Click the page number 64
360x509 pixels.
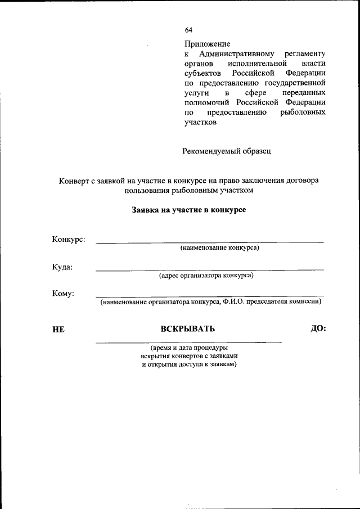tap(188, 30)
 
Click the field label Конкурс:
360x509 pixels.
tap(69, 240)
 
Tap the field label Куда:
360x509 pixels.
tap(62, 267)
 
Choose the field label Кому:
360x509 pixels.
tap(63, 293)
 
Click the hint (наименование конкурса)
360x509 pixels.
tap(219, 248)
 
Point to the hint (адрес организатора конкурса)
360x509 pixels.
tap(206, 276)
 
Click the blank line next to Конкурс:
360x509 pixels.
tap(209, 242)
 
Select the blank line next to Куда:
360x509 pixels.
tap(209, 270)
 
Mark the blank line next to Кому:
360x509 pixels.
tap(209, 296)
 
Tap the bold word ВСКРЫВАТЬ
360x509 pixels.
tap(187, 329)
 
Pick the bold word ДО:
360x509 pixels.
tap(318, 328)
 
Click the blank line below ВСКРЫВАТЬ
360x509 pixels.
tap(188, 341)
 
